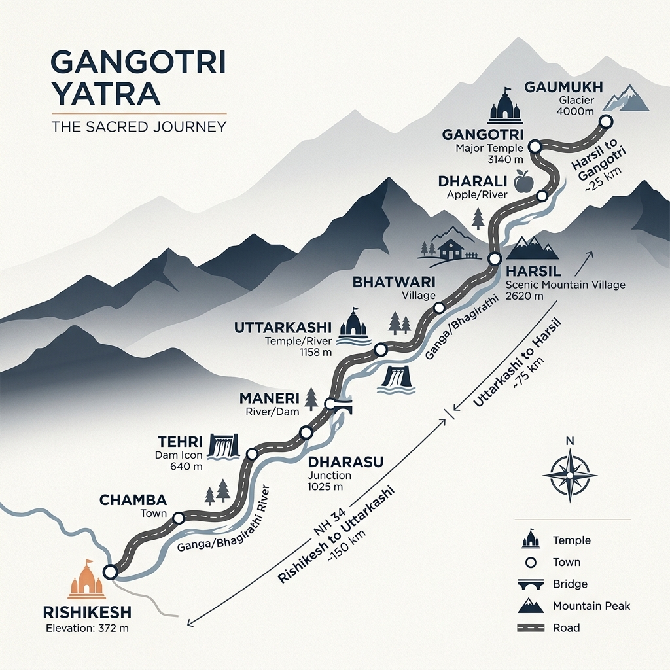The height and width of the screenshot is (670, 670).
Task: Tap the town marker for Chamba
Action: click(x=179, y=518)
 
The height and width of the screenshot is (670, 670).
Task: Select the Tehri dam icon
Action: click(x=223, y=448)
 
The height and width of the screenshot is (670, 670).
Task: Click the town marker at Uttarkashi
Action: click(x=380, y=351)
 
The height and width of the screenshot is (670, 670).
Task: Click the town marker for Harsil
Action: click(x=495, y=258)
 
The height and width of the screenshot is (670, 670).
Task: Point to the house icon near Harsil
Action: click(x=451, y=248)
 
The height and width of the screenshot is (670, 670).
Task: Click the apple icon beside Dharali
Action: click(x=523, y=181)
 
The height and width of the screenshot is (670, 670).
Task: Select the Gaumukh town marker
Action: click(x=606, y=121)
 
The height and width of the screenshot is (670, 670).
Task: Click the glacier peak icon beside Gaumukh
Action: click(x=625, y=98)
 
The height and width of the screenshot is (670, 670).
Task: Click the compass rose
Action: click(x=570, y=473)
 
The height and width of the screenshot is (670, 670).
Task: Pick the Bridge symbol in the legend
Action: click(x=530, y=584)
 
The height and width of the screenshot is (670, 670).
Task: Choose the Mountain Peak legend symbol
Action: click(x=530, y=606)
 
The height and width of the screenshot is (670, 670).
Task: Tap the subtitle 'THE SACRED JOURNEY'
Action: click(x=138, y=126)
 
